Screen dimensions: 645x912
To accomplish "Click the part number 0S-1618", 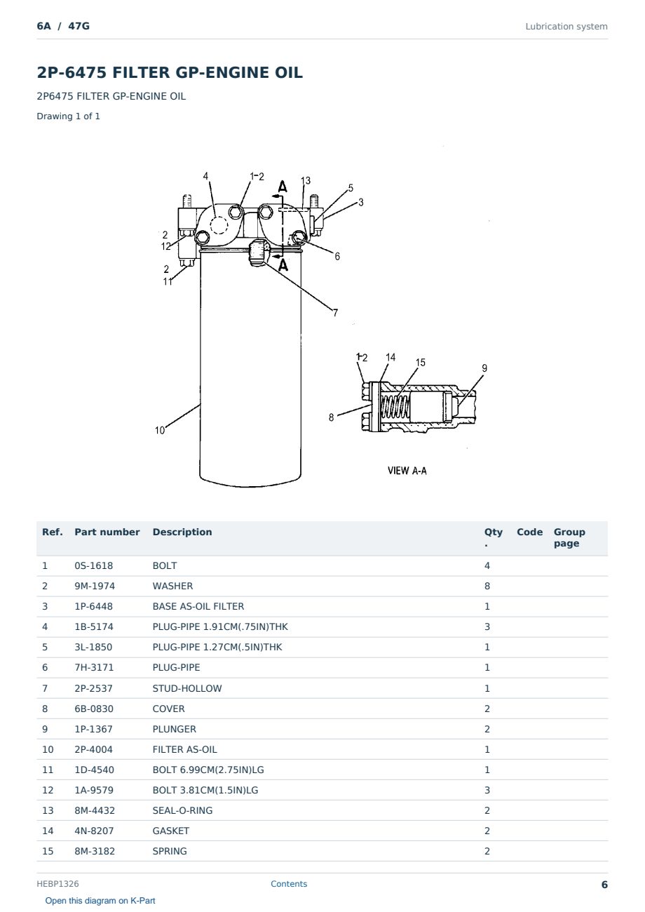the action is click(x=94, y=565).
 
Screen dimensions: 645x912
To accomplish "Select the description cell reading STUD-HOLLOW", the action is click(x=187, y=688).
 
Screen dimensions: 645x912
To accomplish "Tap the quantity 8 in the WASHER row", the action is click(x=487, y=586).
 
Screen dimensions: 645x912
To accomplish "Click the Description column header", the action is click(x=182, y=532).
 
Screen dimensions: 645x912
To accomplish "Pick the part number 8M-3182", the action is click(x=95, y=851).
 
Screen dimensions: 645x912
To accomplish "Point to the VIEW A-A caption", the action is click(x=407, y=471).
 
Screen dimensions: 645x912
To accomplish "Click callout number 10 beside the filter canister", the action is click(x=160, y=430).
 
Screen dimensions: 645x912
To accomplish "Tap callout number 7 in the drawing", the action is click(x=335, y=313).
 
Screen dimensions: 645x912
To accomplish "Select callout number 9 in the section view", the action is click(x=484, y=368).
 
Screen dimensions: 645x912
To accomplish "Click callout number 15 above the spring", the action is click(x=421, y=363).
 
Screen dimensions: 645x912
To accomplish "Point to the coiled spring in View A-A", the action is click(x=394, y=408).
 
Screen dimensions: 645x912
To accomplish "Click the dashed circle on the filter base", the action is click(x=219, y=225).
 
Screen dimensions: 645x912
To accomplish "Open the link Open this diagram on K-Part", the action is click(x=100, y=900).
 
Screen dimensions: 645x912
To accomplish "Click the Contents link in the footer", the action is click(x=289, y=883).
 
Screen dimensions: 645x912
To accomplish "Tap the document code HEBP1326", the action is click(x=57, y=883).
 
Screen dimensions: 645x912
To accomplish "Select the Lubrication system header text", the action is click(x=566, y=27).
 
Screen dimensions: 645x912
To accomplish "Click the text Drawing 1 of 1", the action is click(x=69, y=116).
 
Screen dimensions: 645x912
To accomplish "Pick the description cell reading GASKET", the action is click(x=171, y=831).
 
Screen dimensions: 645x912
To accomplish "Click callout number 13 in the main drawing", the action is click(x=306, y=180).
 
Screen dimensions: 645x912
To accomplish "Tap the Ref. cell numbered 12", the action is click(x=48, y=790).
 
